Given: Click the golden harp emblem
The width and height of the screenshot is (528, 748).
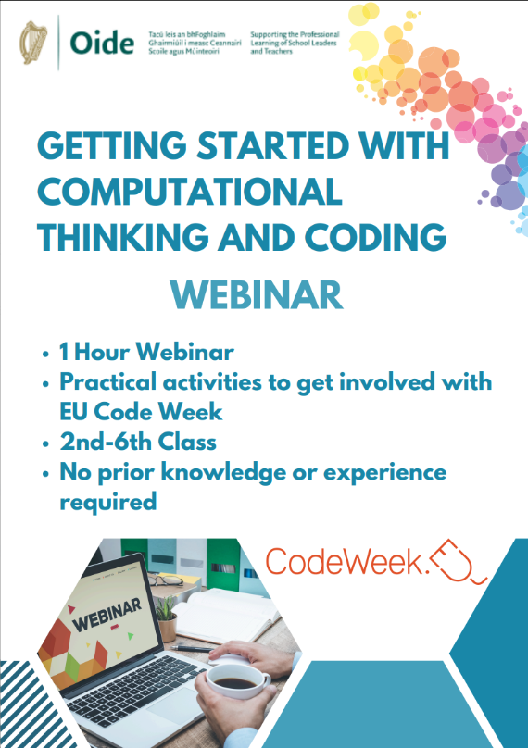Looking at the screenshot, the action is tap(33, 43).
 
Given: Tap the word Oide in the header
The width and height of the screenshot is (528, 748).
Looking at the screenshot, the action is tap(102, 43).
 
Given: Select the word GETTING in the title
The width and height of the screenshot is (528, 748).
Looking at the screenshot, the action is tap(112, 145).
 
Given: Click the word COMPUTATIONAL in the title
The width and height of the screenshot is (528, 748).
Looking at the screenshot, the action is tap(190, 191).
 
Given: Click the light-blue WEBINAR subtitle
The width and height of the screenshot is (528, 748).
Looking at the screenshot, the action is tap(257, 295).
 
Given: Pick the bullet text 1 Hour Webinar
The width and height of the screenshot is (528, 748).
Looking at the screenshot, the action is tap(146, 352).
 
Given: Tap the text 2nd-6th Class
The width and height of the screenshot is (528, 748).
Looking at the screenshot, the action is tap(138, 442).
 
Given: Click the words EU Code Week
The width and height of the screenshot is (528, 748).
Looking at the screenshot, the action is tap(141, 412).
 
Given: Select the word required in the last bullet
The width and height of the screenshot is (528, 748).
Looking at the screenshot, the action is tap(107, 503).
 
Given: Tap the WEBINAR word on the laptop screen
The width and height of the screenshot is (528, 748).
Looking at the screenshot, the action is tap(107, 615).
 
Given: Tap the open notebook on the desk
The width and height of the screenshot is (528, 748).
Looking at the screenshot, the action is tap(224, 616).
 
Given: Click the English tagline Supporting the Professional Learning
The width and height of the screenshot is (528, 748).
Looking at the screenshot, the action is tap(295, 43).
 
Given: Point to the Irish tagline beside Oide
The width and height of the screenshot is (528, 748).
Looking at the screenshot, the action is tap(195, 43).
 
